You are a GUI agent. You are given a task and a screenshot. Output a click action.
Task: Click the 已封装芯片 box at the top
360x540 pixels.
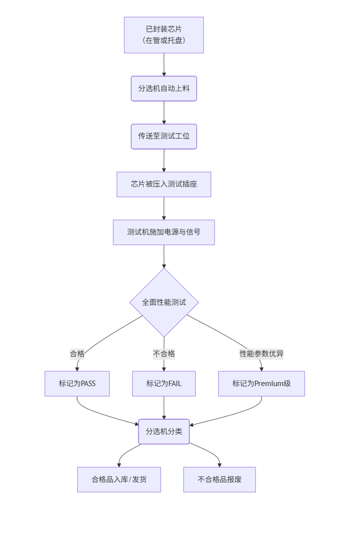pyautogui.click(x=164, y=35)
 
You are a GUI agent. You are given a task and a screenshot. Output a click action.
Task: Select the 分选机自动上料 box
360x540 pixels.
pyautogui.click(x=164, y=89)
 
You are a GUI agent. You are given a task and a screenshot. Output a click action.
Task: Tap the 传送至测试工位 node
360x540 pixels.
pyautogui.click(x=164, y=136)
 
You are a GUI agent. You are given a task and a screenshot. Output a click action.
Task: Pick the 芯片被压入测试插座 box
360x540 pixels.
pyautogui.click(x=164, y=184)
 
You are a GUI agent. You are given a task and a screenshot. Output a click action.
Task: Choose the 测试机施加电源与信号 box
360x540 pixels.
pyautogui.click(x=164, y=232)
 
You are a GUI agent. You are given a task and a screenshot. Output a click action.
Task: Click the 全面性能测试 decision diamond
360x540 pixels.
pyautogui.click(x=164, y=302)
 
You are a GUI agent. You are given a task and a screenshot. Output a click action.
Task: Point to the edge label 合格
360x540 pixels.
pyautogui.click(x=77, y=354)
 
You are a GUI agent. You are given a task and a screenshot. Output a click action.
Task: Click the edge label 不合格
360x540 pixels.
pyautogui.click(x=164, y=354)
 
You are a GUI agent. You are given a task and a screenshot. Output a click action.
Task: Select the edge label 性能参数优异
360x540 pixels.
pyautogui.click(x=262, y=354)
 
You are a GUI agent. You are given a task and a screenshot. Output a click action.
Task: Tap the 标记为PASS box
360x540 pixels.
pyautogui.click(x=77, y=384)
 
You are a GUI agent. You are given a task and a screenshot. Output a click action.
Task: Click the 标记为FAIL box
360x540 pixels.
pyautogui.click(x=164, y=384)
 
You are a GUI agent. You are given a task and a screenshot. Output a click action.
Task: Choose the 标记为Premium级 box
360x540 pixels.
pyautogui.click(x=262, y=384)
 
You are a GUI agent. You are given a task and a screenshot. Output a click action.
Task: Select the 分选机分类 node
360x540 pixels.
pyautogui.click(x=164, y=432)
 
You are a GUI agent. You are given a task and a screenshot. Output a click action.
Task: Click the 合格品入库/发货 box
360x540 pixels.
pyautogui.click(x=119, y=480)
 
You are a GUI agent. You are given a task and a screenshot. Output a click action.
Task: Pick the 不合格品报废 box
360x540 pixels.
pyautogui.click(x=220, y=480)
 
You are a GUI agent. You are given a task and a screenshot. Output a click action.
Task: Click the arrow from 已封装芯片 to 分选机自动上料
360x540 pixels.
pyautogui.click(x=164, y=64)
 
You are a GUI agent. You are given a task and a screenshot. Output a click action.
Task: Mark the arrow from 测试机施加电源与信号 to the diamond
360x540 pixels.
pyautogui.click(x=164, y=256)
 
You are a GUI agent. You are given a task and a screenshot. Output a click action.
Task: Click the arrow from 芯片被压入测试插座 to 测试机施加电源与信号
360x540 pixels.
pyautogui.click(x=164, y=208)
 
